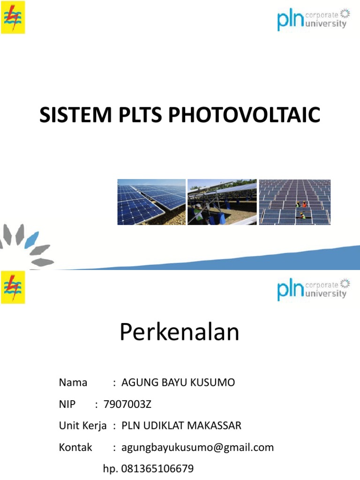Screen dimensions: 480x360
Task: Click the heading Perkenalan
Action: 180,332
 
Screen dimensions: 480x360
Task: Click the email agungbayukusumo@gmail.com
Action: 197,447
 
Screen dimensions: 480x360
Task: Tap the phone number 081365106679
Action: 157,469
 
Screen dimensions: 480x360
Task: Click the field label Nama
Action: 73,382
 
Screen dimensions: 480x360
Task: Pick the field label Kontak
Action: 75,447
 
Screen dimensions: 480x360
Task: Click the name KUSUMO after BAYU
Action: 215,382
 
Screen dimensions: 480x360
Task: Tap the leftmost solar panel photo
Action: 151,202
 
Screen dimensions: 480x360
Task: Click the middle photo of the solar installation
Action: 222,202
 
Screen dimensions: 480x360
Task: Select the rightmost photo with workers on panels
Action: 294,202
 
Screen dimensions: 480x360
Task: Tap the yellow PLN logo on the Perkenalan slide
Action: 13,287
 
